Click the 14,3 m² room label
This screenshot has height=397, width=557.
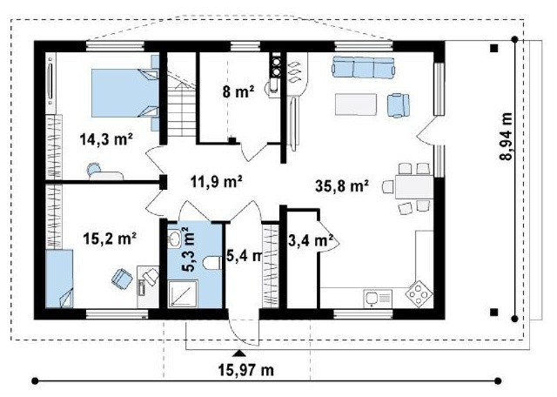tap(106, 139)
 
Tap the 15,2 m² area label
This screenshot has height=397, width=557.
tap(110, 239)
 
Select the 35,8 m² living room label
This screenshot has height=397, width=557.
tap(341, 186)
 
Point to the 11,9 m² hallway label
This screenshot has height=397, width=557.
tap(217, 182)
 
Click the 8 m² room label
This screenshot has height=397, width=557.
tap(238, 91)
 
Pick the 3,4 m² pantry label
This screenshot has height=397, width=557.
tap(310, 240)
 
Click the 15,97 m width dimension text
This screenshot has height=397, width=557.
tap(245, 370)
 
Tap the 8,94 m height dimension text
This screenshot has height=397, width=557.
tap(507, 137)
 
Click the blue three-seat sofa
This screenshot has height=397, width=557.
tap(363, 67)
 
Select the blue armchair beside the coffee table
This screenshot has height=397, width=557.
tap(398, 104)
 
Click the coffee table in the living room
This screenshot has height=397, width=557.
tap(356, 104)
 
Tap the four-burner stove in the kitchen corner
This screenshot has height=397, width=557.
tap(419, 293)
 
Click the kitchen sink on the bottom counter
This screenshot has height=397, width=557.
tap(378, 298)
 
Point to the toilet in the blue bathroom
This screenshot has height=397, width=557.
tap(212, 264)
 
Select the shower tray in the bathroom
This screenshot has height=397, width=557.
tap(183, 293)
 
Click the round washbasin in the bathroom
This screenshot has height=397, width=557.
tap(174, 239)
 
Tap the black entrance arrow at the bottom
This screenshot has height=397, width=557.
tap(239, 353)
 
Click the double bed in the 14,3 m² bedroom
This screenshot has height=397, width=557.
tap(125, 93)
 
